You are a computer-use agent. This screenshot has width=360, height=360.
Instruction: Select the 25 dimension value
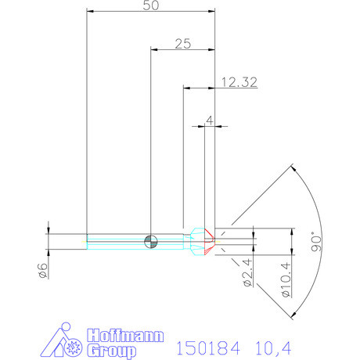(183, 44)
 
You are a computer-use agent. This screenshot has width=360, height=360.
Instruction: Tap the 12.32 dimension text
(235, 81)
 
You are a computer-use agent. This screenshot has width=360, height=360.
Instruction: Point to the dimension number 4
(209, 120)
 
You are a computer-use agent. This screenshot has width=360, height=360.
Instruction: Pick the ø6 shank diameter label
(42, 271)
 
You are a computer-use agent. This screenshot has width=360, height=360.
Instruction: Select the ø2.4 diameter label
(246, 273)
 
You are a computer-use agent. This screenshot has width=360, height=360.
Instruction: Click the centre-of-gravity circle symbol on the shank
(151, 239)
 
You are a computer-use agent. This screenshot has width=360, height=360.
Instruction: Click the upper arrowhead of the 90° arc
(292, 167)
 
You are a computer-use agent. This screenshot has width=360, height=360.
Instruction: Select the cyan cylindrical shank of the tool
(117, 239)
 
